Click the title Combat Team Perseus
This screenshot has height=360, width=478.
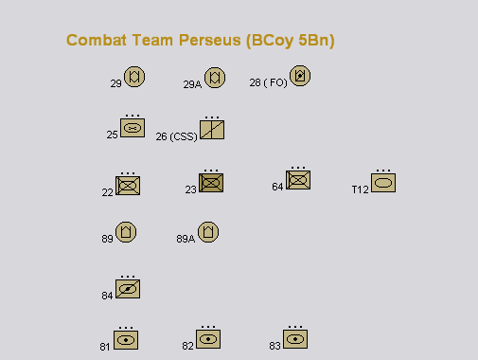coord(201,41)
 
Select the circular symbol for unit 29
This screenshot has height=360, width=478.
coord(134,77)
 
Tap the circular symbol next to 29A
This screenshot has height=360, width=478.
coord(215,78)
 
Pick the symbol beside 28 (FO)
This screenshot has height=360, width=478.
coord(300,76)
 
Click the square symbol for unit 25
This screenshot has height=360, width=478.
coord(133,128)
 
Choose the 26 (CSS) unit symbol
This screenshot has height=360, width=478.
coord(212,130)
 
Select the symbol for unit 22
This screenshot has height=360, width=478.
coord(128,186)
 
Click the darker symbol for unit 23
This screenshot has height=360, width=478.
coord(211,183)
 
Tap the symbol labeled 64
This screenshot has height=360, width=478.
coord(298,180)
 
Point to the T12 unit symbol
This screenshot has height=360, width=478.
coord(383,183)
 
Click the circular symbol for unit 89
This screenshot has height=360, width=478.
coord(126,232)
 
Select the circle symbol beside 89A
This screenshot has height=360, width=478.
coord(208,232)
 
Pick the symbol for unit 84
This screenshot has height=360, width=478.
coord(128,289)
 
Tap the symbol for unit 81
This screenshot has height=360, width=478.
coord(126,340)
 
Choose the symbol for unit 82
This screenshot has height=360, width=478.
coord(208,339)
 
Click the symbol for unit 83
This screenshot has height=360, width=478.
coord(295,339)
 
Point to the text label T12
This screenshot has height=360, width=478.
coord(360,189)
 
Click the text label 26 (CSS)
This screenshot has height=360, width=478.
coord(176,136)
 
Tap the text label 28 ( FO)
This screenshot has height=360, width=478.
coord(269,82)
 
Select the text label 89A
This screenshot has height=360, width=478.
coord(186,239)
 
